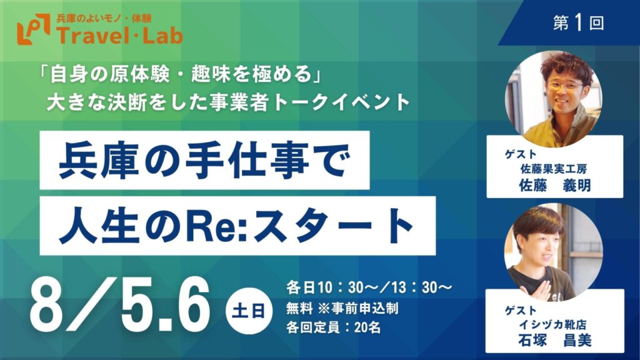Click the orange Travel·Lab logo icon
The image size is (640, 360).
coord(34,29)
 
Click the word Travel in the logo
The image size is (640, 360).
coord(90,36)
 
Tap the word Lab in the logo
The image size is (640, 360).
coord(161,36)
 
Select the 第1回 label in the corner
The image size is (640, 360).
coord(578,23)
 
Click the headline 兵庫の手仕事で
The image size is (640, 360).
coord(204,161)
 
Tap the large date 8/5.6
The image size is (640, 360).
coord(119,305)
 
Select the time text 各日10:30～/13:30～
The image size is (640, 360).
coord(369,287)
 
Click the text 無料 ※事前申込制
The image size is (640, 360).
coord(342,308)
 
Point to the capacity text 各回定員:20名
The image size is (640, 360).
coord(333,327)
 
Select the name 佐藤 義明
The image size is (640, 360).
coord(555,186)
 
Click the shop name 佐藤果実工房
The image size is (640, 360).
coord(553,169)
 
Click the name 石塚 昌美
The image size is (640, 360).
coord(555,340)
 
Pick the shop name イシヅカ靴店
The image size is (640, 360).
coord(552,324)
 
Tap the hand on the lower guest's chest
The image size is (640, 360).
coord(540,290)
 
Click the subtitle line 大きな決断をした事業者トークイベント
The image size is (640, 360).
coord(228,102)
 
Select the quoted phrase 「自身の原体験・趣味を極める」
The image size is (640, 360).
coord(179,74)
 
